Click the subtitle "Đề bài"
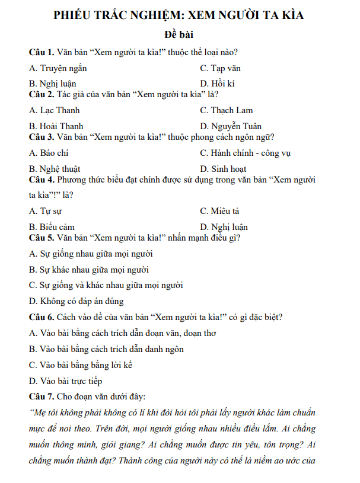179,35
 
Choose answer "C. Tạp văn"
220,68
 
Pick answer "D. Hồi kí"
217,84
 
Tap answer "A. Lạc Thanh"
54,110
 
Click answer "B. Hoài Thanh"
56,126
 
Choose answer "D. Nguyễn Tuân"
231,126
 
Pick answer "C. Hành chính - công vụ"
246,153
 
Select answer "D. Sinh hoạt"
223,168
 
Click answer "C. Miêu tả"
220,211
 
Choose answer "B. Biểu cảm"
52,227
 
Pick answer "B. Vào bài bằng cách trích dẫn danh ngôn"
106,349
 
